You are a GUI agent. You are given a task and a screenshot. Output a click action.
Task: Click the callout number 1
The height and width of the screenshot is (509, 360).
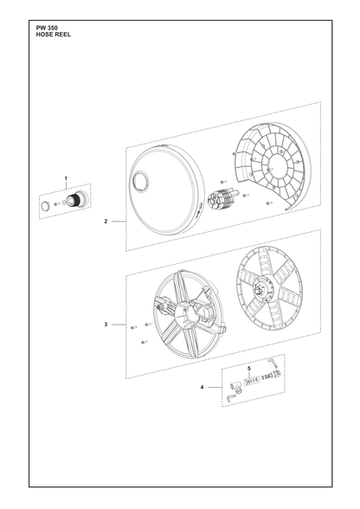click(66, 178)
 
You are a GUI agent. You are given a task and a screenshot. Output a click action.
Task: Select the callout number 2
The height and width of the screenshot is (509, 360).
click(106, 222)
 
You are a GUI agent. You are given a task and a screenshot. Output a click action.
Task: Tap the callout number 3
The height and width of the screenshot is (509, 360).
click(106, 325)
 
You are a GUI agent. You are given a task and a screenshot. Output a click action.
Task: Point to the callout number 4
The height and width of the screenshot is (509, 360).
click(202, 387)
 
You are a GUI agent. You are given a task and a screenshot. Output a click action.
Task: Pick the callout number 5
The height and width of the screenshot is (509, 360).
click(249, 369)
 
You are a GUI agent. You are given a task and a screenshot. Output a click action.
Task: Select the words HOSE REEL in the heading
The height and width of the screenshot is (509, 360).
click(54, 35)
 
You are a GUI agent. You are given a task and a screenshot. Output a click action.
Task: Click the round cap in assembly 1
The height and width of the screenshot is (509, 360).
click(46, 205)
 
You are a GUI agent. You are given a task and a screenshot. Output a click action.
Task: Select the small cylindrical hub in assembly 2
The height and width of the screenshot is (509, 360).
click(220, 199)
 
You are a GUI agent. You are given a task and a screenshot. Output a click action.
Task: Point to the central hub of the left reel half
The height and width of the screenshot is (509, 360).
click(186, 314)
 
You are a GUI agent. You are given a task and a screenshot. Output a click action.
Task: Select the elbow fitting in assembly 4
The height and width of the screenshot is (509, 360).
click(236, 388)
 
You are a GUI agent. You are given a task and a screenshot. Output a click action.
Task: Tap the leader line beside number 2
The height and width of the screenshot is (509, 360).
click(119, 222)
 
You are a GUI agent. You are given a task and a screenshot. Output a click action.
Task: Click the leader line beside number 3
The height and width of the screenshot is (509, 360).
click(119, 325)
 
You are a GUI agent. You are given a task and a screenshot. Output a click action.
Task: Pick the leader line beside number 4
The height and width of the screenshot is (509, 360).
click(215, 387)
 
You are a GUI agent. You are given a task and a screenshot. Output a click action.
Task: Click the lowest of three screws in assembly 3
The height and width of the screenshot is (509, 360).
click(145, 342)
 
